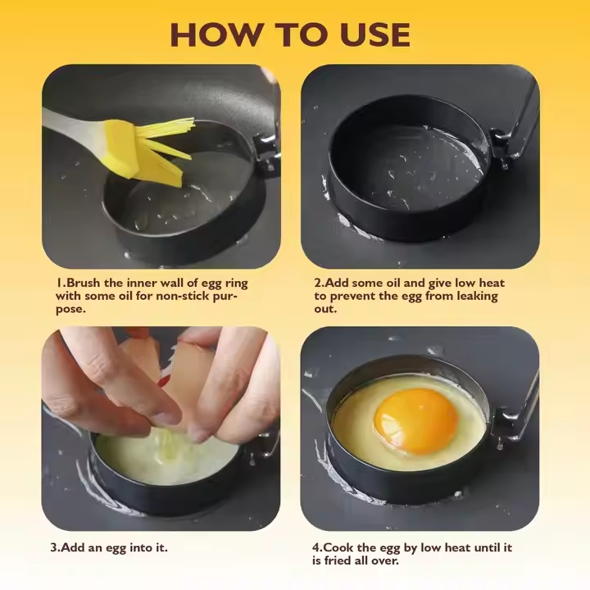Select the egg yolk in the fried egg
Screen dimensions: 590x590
pos(415,421)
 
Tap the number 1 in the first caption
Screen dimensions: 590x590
pos(59,283)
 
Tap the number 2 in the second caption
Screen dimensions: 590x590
pos(317,283)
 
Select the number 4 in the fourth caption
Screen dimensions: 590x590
pos(315,547)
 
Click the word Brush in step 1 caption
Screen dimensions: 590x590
pos(84,283)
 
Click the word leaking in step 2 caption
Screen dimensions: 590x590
pos(474,296)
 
